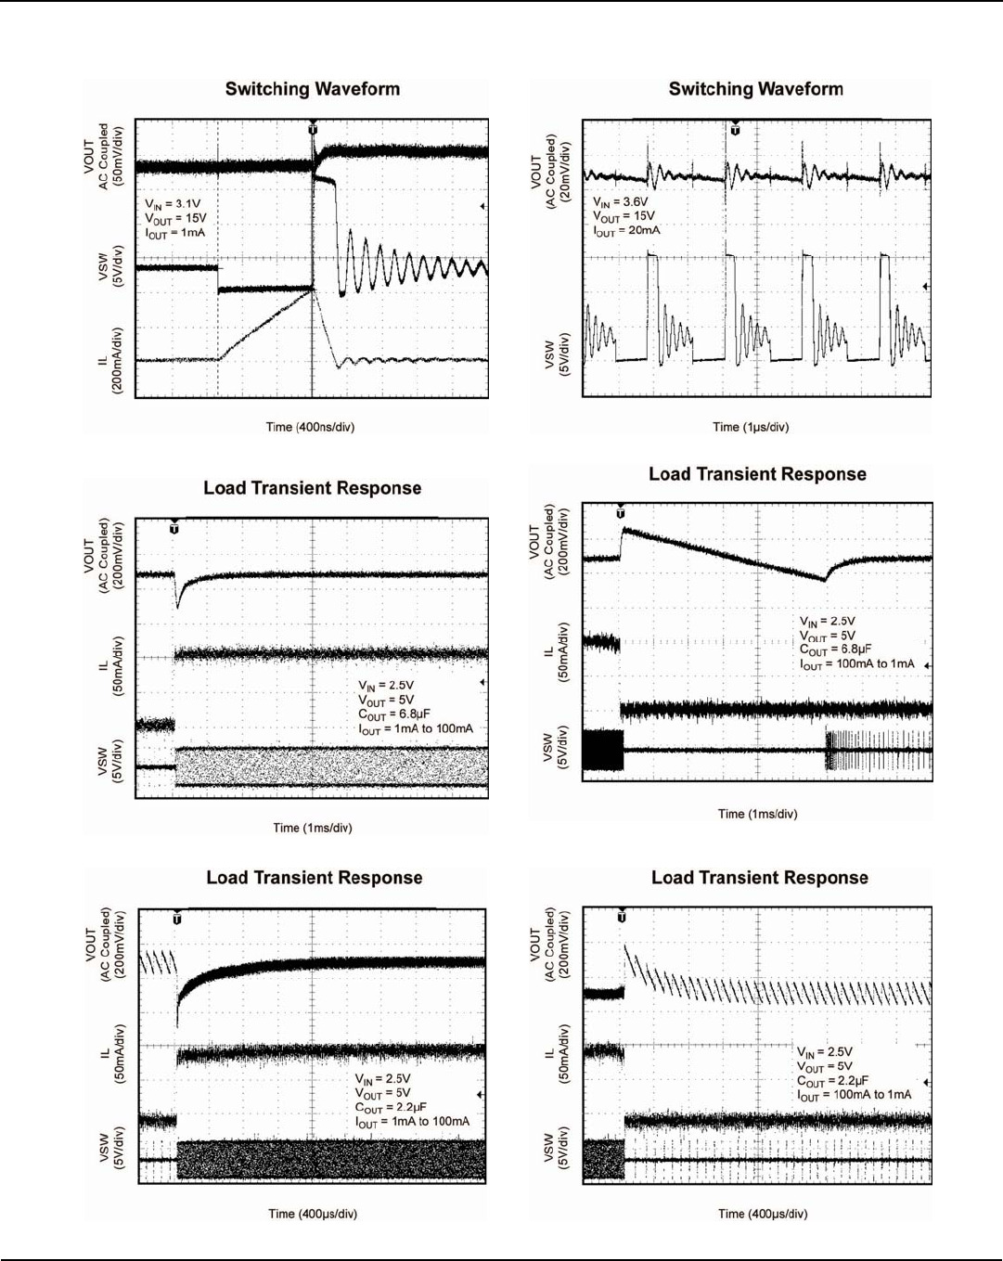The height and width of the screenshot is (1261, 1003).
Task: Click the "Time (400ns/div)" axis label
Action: [310, 427]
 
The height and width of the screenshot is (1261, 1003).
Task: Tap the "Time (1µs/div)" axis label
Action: [751, 427]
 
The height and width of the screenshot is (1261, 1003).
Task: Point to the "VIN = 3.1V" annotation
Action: [173, 204]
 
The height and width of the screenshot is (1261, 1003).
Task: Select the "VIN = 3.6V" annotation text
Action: [621, 201]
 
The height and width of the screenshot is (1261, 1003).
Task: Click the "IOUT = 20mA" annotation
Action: [627, 231]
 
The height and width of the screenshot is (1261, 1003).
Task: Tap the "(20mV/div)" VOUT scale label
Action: [565, 173]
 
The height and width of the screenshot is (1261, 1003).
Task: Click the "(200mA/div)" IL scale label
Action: [118, 361]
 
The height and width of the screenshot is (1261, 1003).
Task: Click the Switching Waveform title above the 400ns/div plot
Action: [313, 89]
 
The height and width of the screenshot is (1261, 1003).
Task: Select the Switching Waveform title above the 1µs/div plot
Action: [756, 89]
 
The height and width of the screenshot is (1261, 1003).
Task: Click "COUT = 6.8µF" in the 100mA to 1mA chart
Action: [836, 650]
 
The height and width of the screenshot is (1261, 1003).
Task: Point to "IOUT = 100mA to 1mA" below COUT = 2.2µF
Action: [855, 1095]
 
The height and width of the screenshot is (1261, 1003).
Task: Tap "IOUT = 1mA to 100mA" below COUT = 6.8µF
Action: [416, 729]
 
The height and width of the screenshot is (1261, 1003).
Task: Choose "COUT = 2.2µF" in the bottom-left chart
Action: [391, 1108]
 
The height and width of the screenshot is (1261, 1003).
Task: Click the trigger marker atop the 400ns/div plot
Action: [313, 129]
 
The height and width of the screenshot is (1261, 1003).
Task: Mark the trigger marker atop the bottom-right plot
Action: [622, 917]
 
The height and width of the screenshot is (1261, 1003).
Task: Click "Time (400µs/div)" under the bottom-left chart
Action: [313, 1214]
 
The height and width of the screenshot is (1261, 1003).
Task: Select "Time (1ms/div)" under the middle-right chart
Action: [757, 814]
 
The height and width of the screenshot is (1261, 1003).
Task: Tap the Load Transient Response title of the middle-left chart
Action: [313, 488]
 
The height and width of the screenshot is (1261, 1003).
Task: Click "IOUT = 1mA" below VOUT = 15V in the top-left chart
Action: [175, 233]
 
